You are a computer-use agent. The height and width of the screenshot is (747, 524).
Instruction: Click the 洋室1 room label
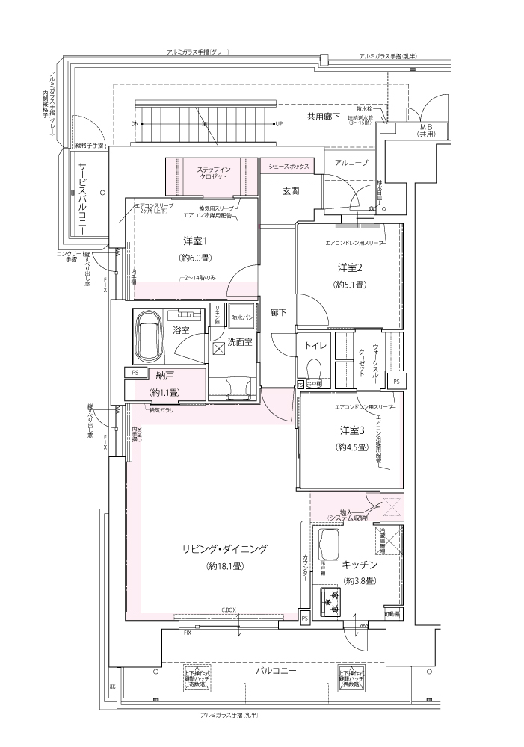[x=194, y=241]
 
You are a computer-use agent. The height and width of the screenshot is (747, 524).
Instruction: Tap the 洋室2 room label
[x=350, y=267]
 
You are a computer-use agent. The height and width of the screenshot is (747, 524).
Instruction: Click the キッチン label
[x=359, y=565]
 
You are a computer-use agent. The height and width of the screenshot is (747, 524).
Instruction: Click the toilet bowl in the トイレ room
[x=313, y=369]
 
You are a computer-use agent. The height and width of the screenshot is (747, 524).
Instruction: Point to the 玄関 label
[x=291, y=191]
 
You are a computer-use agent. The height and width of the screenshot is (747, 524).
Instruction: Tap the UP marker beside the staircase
[x=278, y=123]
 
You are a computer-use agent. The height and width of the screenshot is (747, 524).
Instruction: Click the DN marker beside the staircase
[x=135, y=123]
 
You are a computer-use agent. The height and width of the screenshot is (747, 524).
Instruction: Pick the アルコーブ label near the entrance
[x=351, y=162]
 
